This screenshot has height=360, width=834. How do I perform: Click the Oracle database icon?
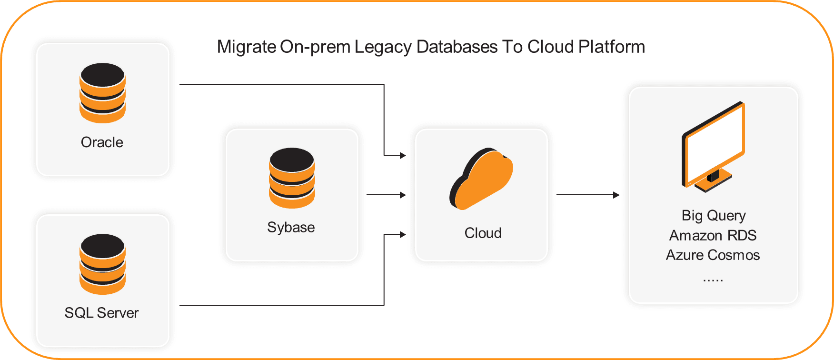[x=102, y=93]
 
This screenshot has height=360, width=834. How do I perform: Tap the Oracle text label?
[x=102, y=142]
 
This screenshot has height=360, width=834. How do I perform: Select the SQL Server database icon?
[x=102, y=264]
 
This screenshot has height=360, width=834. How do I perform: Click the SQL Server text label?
[x=101, y=313]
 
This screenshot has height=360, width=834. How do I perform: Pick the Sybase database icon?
[x=292, y=178]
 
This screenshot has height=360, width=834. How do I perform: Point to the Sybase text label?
[x=291, y=227]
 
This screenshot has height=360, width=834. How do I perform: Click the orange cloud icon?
[x=481, y=179]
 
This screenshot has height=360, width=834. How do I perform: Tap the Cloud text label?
[x=483, y=233]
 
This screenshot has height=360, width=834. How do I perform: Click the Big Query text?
[x=713, y=215]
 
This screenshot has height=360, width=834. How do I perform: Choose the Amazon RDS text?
[x=713, y=235]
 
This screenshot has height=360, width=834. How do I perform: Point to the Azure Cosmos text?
[x=713, y=255]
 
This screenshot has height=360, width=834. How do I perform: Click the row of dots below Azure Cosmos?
[x=713, y=280]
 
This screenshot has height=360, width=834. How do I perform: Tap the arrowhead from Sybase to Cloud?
[x=403, y=195]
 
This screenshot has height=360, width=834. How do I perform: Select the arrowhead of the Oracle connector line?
[x=403, y=155]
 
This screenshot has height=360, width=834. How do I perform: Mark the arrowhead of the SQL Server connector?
[x=403, y=234]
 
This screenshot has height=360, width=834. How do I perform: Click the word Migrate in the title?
[x=246, y=47]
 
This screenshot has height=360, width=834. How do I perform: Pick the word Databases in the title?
[x=457, y=47]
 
